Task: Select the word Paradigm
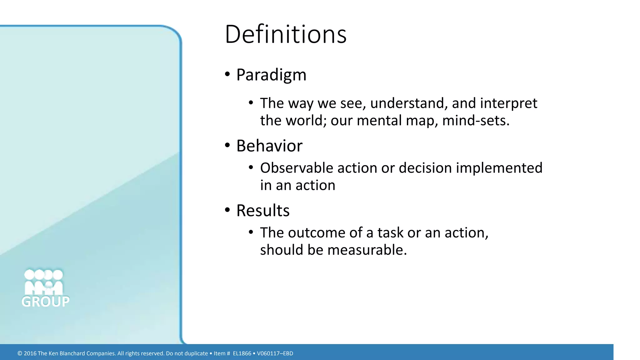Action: [271, 75]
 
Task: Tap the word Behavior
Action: [269, 146]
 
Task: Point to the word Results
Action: [263, 211]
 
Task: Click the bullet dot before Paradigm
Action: [227, 74]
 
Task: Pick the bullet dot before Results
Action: [227, 210]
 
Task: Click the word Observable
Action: [297, 168]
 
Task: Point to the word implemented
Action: [499, 168]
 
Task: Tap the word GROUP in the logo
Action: [46, 302]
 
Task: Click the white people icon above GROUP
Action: [44, 282]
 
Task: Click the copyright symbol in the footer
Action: [20, 353]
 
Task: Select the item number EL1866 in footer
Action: [242, 353]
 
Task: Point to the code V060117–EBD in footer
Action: [275, 353]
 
